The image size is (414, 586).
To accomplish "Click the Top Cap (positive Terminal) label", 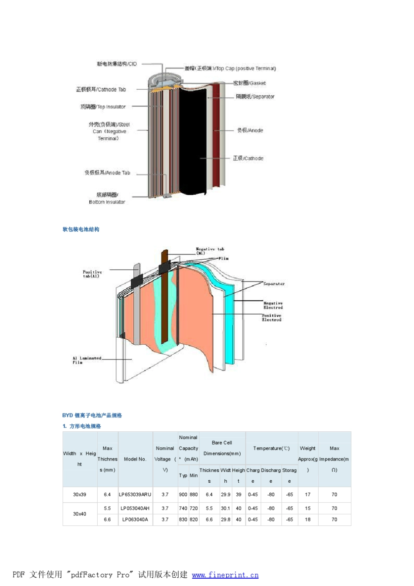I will tap(230, 68).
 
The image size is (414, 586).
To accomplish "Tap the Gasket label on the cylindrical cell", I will tap(249, 83).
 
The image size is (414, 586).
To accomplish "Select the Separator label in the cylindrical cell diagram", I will tap(255, 97).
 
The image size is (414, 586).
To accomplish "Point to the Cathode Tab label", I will tap(101, 89).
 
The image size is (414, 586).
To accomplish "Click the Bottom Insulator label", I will tap(107, 198).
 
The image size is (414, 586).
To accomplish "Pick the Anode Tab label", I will tap(107, 173).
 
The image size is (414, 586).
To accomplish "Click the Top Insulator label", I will tap(103, 107).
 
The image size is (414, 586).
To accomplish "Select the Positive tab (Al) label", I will tap(92, 274).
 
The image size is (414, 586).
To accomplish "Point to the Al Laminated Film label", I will tap(87, 360).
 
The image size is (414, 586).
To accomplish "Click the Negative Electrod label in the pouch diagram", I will tap(273, 305).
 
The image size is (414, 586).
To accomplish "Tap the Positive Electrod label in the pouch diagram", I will tap(271, 318).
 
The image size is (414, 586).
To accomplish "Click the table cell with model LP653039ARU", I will tap(135, 495).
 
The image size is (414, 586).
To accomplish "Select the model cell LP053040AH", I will tap(135, 508).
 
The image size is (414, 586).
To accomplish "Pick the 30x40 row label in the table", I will tap(79, 514).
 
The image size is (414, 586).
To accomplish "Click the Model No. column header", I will tap(135, 459).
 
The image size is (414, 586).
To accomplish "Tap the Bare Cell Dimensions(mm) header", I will tap(222, 448).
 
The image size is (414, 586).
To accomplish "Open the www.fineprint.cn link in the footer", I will tap(225, 575).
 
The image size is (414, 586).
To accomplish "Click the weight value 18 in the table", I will tap(308, 520).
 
